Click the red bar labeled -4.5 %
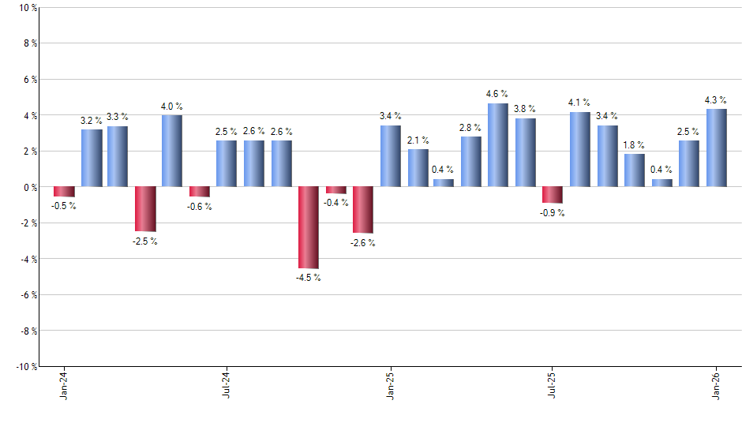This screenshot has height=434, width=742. point(309,227)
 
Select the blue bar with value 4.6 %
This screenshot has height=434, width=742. point(498,145)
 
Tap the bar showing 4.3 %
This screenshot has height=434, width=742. point(717,148)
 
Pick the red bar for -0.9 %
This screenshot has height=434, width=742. point(553,195)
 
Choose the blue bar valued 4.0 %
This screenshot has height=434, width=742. point(172,151)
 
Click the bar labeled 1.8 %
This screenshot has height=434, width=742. point(635,170)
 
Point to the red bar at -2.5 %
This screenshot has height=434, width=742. point(145,209)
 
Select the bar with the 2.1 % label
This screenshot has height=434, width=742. point(418,168)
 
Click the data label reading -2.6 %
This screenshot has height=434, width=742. point(363,243)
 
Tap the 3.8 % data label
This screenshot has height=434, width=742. point(525,109)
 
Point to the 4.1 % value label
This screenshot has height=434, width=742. point(579,103)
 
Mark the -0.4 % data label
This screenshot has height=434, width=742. point(336,204)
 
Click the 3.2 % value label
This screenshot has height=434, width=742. point(92,120)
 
